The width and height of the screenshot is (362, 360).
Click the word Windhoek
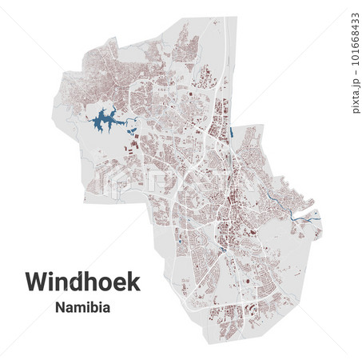pos(82,282)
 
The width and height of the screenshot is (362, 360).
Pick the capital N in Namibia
pos(60,306)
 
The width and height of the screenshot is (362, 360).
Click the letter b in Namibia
pos(93,306)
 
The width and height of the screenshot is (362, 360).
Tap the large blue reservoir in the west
pos(105,122)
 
